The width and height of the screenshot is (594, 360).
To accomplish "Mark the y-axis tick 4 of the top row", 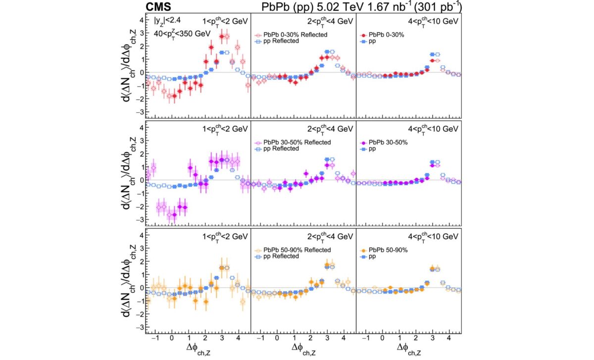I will click(x=142, y=20).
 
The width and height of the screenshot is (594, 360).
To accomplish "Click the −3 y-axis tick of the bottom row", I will click(x=140, y=327).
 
